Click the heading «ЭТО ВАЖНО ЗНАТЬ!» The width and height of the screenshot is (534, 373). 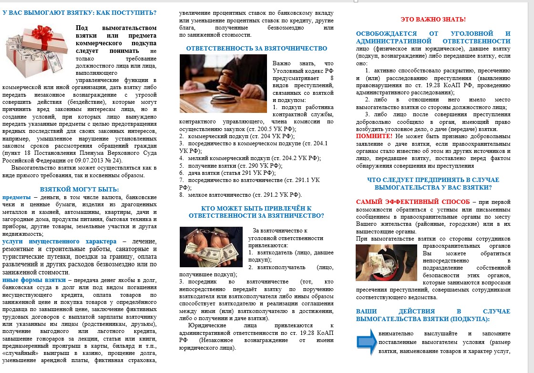pyautogui.click(x=433, y=20)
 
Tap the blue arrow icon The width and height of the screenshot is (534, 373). pyautogui.click(x=367, y=342)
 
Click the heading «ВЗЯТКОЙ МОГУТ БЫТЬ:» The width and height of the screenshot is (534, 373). pyautogui.click(x=80, y=189)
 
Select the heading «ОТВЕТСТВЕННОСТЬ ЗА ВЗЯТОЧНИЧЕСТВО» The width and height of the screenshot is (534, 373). pyautogui.click(x=257, y=48)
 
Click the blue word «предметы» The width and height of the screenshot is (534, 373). pyautogui.click(x=16, y=197)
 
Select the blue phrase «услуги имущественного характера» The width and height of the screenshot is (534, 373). pyautogui.click(x=59, y=241)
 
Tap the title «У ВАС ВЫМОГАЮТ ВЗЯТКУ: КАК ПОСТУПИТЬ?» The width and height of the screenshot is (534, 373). pyautogui.click(x=79, y=12)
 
